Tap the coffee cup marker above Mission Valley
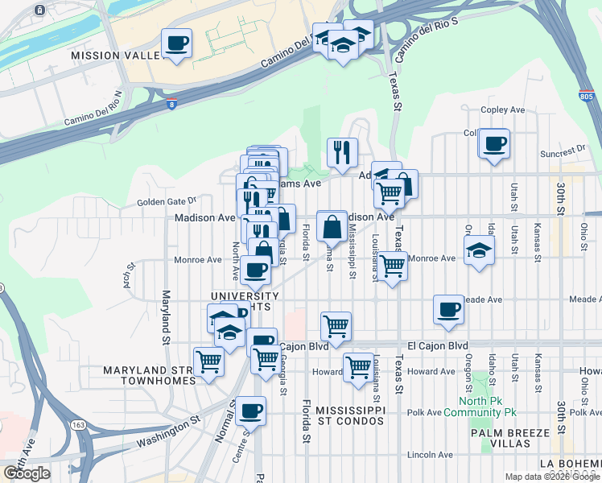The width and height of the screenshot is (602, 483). pos(177,43)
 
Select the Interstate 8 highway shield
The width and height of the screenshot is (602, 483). pos(171,104)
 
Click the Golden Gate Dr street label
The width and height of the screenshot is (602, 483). pos(167,201)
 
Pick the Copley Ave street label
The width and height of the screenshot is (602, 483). pos(502,109)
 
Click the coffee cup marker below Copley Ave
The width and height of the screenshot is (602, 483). pos(494,145)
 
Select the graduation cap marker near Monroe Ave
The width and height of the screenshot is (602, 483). pos(479,250)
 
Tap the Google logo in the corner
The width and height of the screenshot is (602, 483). pos(27,473)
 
